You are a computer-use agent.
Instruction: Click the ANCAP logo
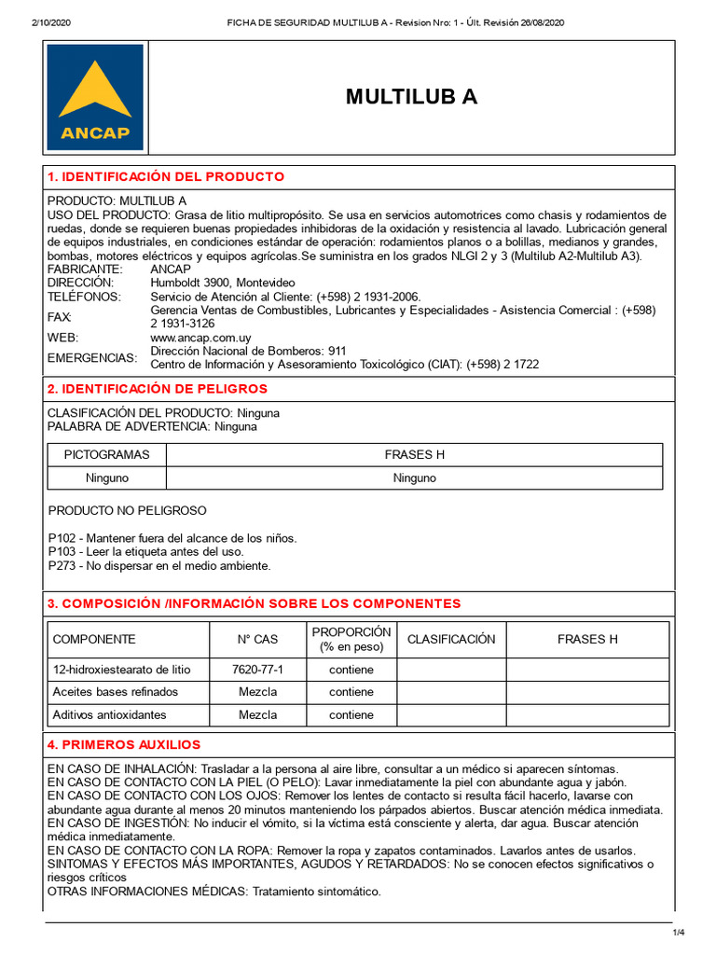point(95,97)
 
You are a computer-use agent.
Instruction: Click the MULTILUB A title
point(411,97)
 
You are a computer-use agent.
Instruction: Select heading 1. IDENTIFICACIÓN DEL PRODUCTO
point(166,176)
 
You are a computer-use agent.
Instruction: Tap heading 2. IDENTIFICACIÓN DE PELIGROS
point(158,388)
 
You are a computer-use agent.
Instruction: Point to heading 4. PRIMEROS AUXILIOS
point(124,744)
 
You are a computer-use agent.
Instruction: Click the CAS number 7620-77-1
point(257,670)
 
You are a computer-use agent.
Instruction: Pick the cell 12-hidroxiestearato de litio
point(122,670)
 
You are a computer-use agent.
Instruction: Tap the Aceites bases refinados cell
point(116,692)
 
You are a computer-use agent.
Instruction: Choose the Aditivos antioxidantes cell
point(110,714)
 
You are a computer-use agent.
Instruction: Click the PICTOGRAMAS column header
point(106,454)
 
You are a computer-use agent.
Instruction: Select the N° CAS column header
point(257,639)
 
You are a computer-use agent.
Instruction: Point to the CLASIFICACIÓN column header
point(451,639)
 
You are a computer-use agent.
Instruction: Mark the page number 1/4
point(678,933)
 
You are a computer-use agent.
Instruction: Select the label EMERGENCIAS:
point(91,358)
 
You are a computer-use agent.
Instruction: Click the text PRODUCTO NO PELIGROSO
point(127,510)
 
